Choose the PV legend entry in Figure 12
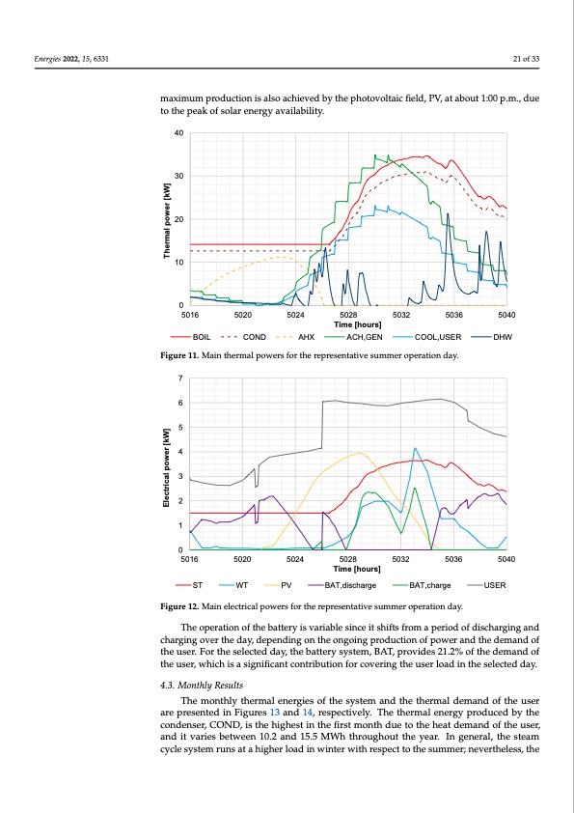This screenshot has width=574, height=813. tap(279, 584)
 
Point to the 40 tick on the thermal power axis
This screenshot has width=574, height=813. tap(178, 132)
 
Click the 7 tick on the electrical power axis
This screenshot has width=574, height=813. tap(180, 378)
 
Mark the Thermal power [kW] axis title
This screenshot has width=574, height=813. tap(167, 219)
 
